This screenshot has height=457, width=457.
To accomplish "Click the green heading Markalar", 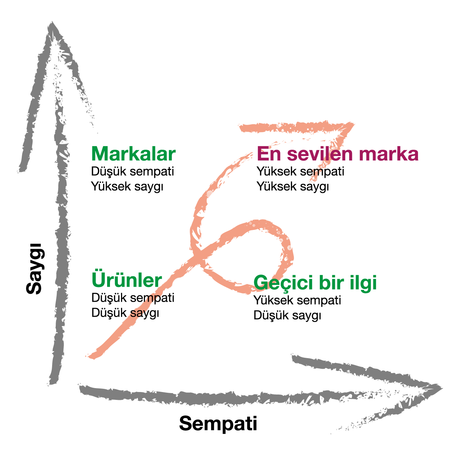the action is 134,154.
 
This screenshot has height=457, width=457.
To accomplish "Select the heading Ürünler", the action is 127,280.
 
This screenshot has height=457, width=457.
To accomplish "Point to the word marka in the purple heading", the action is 389,154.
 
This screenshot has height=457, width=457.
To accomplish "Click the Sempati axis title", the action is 218,423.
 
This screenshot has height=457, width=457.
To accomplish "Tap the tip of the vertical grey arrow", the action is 52,22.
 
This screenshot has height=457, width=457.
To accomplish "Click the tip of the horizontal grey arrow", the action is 442,388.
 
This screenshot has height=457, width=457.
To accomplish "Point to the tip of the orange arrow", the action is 354,123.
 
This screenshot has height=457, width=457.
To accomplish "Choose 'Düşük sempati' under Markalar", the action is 132,171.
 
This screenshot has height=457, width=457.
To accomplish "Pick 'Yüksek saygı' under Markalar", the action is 127,186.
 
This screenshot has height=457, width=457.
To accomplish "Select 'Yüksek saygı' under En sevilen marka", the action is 293,186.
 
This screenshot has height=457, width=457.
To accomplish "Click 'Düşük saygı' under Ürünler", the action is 125,313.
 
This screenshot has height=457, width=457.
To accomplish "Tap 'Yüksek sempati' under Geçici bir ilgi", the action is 297,300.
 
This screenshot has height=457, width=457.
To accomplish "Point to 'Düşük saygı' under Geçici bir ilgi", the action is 287,315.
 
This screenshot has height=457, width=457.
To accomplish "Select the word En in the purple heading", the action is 269,154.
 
